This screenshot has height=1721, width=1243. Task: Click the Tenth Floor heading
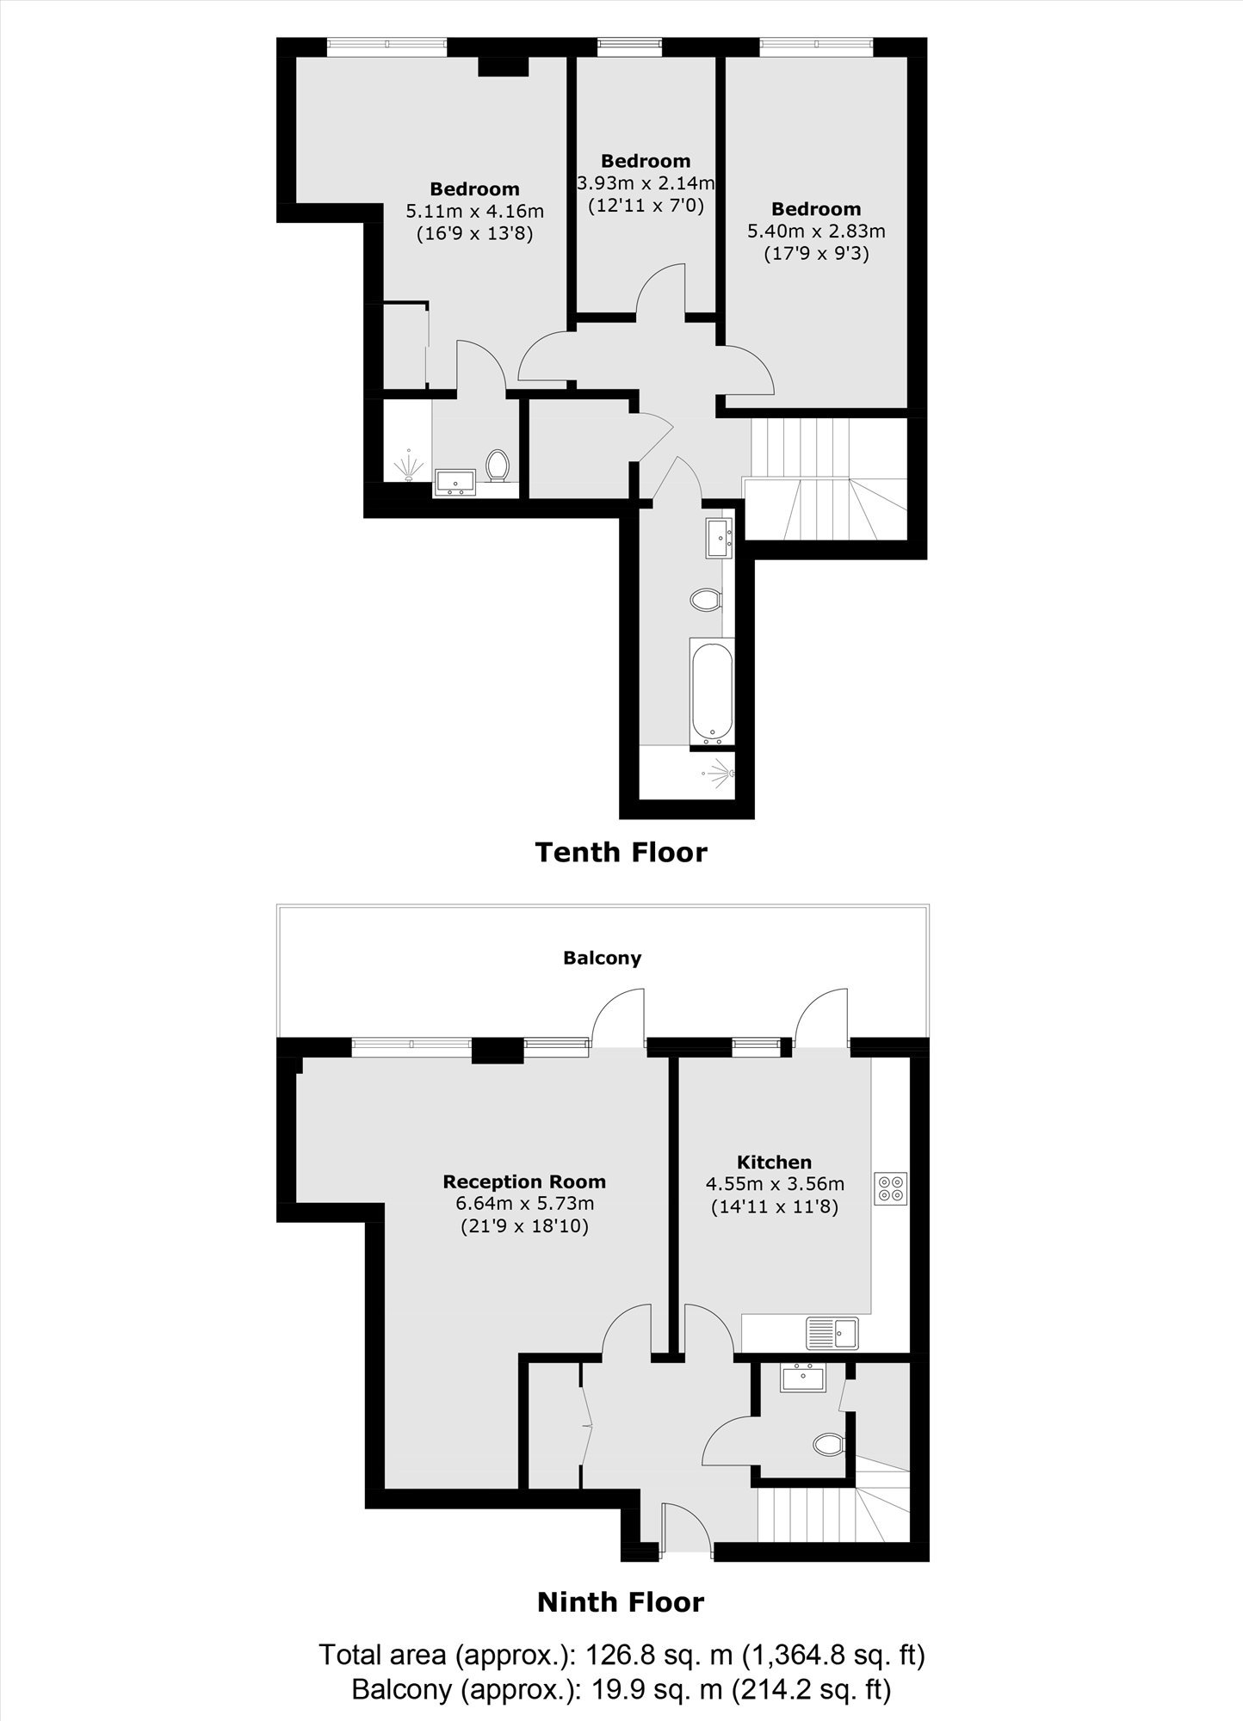(621, 852)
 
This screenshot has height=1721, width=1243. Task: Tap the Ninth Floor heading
(621, 1602)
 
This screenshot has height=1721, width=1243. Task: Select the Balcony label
(602, 958)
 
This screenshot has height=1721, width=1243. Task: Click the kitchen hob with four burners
(891, 1187)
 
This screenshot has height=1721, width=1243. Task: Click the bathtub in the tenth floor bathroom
(712, 691)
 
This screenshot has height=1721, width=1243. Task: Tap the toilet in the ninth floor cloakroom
(830, 1443)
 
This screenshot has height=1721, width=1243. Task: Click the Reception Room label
(524, 1181)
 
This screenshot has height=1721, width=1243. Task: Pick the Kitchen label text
(774, 1163)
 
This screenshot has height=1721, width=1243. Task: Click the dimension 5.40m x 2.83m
(816, 231)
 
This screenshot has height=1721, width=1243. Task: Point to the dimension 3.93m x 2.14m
(646, 183)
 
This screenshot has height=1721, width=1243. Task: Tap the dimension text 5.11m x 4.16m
(474, 211)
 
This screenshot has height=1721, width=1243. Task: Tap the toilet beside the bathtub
(707, 599)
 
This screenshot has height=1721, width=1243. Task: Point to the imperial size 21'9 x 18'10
(524, 1226)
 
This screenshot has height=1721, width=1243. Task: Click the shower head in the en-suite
(410, 466)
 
